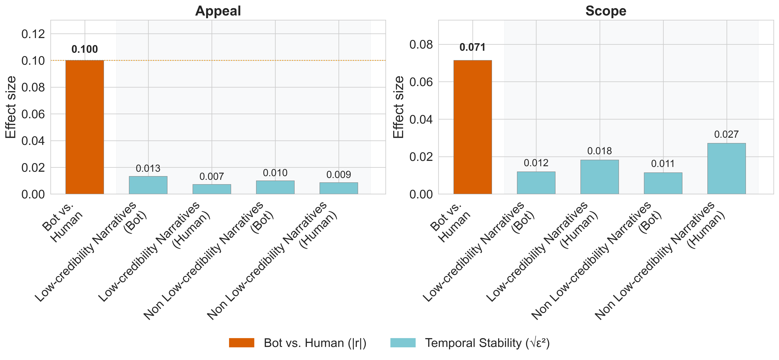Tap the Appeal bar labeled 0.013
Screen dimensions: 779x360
[148, 185]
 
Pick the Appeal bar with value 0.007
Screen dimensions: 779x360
[212, 189]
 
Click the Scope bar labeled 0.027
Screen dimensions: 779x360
[726, 169]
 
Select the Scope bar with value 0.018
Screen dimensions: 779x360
[600, 177]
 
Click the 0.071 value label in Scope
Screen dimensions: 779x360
[472, 47]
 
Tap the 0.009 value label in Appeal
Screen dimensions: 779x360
[339, 175]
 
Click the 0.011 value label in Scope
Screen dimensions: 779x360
[663, 164]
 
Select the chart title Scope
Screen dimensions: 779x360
[606, 11]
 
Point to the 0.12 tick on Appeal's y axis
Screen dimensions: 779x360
[33, 34]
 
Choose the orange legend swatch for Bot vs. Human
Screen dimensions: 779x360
[242, 343]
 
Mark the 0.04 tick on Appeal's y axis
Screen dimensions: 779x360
[33, 141]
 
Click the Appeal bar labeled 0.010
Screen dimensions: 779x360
[275, 187]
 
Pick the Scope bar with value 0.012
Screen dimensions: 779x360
[536, 183]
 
